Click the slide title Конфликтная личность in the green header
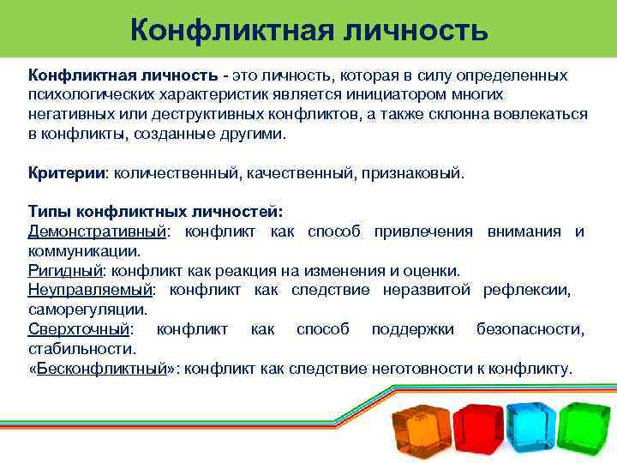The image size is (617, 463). pyautogui.click(x=309, y=31)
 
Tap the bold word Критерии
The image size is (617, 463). pyautogui.click(x=65, y=173)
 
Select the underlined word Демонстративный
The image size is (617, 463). pyautogui.click(x=97, y=231)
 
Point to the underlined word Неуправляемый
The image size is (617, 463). pyautogui.click(x=90, y=290)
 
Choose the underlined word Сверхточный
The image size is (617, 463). pyautogui.click(x=80, y=329)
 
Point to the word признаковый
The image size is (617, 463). pyautogui.click(x=418, y=173)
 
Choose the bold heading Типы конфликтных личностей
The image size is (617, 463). pyautogui.click(x=154, y=212)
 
